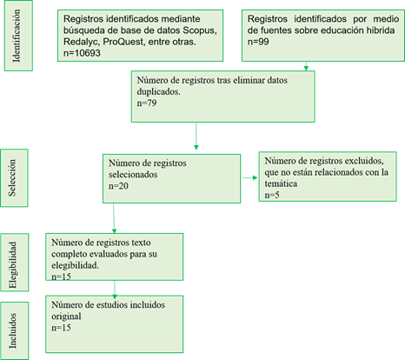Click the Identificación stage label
pos(17,36)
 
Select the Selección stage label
pos(12,178)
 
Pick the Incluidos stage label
pos(12,330)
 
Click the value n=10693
pos(82,53)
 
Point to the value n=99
pos(258,42)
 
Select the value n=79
pos(147,103)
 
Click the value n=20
pos(118,186)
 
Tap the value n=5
pos(272,195)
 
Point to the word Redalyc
pos(82,42)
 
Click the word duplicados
pos(158,92)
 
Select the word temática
pos(281,183)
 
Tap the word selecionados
pos(133,175)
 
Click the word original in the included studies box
pos(66,317)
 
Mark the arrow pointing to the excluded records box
pos(249,177)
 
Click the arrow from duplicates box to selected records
pos(196,137)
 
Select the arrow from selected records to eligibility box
pos(114,218)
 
